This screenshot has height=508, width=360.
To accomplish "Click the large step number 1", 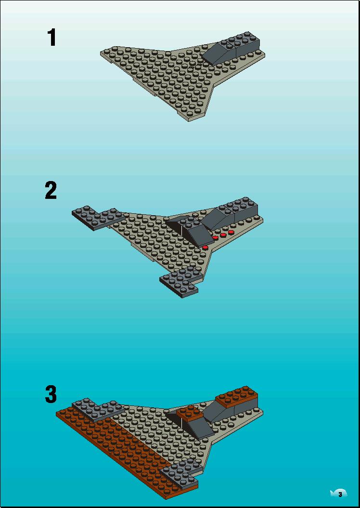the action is click(52, 38).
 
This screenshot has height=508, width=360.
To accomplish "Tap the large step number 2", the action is click(51, 190).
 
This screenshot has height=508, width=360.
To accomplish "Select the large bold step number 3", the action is click(51, 394).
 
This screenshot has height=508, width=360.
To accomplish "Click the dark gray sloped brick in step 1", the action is click(232, 49).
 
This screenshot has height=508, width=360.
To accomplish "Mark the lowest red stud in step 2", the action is click(205, 247).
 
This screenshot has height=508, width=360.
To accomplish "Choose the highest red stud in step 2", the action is click(231, 232).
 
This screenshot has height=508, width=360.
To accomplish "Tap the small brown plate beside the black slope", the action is click(190, 413).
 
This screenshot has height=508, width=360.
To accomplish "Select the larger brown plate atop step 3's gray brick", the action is click(237, 396).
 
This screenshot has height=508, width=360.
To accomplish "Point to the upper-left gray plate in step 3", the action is click(98, 409).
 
